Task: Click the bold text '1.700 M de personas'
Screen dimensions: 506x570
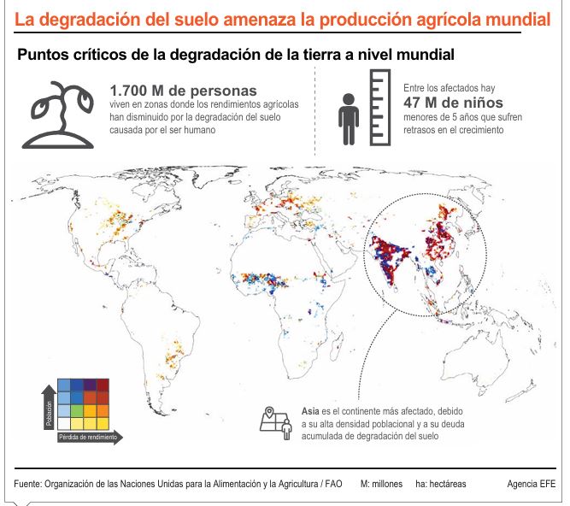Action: [183, 90]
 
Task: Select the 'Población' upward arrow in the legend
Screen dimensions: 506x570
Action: [48, 409]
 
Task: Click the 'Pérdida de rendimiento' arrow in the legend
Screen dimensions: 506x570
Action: [90, 437]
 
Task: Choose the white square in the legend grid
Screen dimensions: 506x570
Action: [63, 422]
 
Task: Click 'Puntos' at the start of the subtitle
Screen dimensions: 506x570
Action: [40, 55]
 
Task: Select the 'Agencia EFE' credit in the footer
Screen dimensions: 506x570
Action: [531, 483]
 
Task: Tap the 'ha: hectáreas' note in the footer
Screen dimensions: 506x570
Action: [441, 483]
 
